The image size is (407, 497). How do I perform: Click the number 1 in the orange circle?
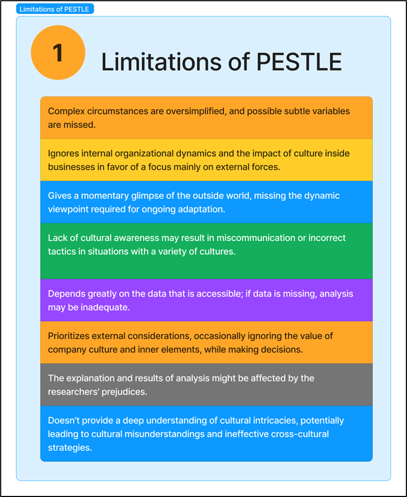[x=57, y=53]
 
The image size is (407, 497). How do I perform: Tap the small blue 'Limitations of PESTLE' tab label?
[x=54, y=9]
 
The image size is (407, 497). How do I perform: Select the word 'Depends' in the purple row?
[x=65, y=293]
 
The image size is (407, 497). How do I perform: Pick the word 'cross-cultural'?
[x=296, y=434]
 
